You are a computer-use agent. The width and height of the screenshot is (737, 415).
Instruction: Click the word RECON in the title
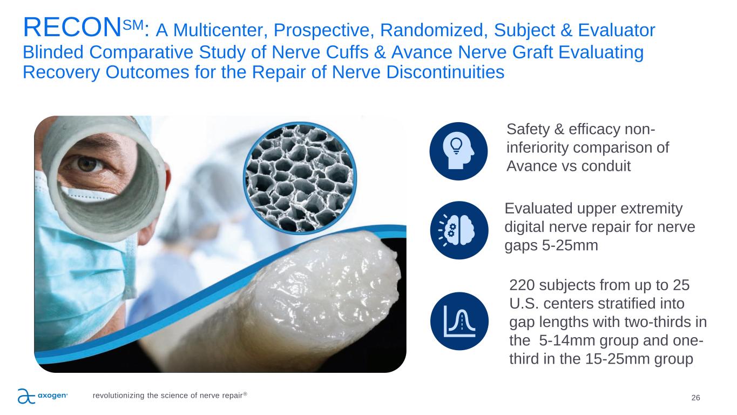click(x=72, y=28)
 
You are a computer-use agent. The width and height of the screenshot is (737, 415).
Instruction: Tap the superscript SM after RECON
click(x=133, y=25)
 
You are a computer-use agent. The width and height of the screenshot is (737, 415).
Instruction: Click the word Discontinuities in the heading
click(x=445, y=72)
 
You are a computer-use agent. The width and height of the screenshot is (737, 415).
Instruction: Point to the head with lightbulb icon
click(x=458, y=151)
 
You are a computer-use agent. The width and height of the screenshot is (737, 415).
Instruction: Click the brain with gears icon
click(x=459, y=230)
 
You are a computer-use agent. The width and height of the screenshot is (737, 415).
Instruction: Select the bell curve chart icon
click(x=459, y=321)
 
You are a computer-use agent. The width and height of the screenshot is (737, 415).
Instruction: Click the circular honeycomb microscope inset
click(x=300, y=178)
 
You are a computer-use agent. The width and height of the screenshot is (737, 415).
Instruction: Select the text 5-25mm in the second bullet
click(x=570, y=245)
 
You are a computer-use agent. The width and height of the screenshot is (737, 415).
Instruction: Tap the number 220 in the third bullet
click(x=522, y=285)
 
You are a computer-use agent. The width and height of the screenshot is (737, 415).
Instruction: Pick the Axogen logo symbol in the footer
click(x=26, y=396)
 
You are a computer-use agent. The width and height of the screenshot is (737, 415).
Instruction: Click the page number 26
click(x=695, y=398)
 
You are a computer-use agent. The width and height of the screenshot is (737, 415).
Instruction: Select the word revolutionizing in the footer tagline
click(x=119, y=396)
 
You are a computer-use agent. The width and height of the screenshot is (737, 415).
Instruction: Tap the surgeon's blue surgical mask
click(x=79, y=264)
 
